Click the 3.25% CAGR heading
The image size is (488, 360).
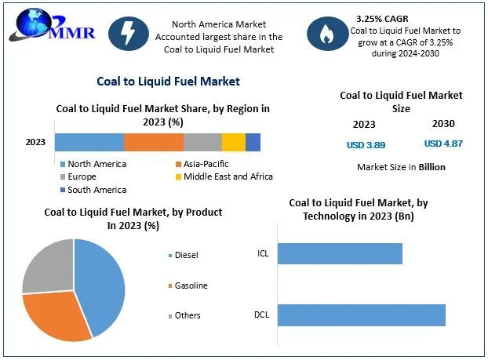tap(383, 16)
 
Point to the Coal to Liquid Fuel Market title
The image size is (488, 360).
tap(168, 81)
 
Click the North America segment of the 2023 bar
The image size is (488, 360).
tap(89, 142)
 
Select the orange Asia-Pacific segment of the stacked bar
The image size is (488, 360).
tap(154, 142)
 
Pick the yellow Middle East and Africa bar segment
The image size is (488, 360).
tap(233, 142)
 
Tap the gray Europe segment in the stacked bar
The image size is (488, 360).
tap(202, 142)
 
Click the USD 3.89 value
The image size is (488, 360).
tap(366, 145)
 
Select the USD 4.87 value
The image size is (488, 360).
tap(443, 144)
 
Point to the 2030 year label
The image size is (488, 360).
tap(443, 124)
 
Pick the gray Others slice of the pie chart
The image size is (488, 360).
tap(47, 265)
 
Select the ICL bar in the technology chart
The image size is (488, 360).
tap(340, 253)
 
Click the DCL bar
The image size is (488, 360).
tap(361, 315)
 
